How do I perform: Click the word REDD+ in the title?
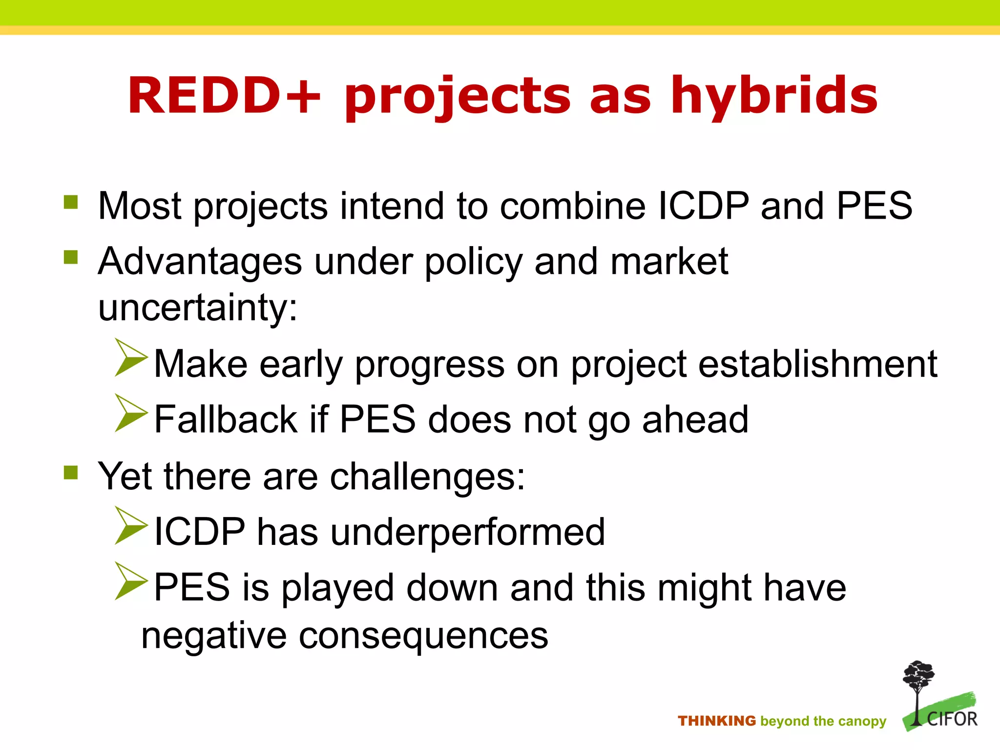coord(224,96)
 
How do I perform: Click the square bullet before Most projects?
coord(71,202)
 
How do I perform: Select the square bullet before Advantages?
coord(71,257)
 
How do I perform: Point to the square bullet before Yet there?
coord(71,472)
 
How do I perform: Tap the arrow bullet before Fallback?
coord(130,414)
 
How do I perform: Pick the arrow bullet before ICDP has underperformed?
coord(130,526)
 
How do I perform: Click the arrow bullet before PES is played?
coord(130,582)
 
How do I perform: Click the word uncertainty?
coord(198,308)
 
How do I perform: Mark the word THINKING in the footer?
coord(717,721)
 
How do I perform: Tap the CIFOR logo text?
coord(952,719)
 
